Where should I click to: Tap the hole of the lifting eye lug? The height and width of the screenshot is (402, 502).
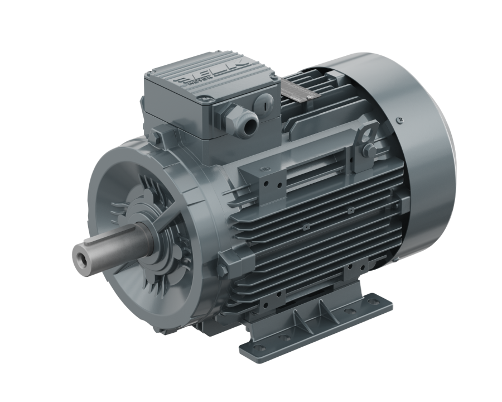click(x=366, y=134)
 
